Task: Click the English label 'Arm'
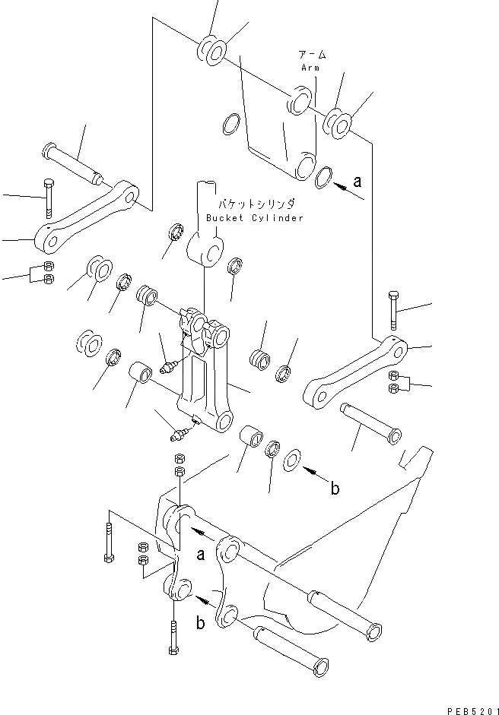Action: pos(310,68)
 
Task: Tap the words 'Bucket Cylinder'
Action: pos(255,218)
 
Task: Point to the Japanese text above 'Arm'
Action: pos(312,55)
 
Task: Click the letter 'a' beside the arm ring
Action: pos(358,182)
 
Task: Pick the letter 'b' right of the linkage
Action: pos(335,489)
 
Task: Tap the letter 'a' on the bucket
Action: pos(201,555)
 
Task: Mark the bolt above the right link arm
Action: pos(393,310)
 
